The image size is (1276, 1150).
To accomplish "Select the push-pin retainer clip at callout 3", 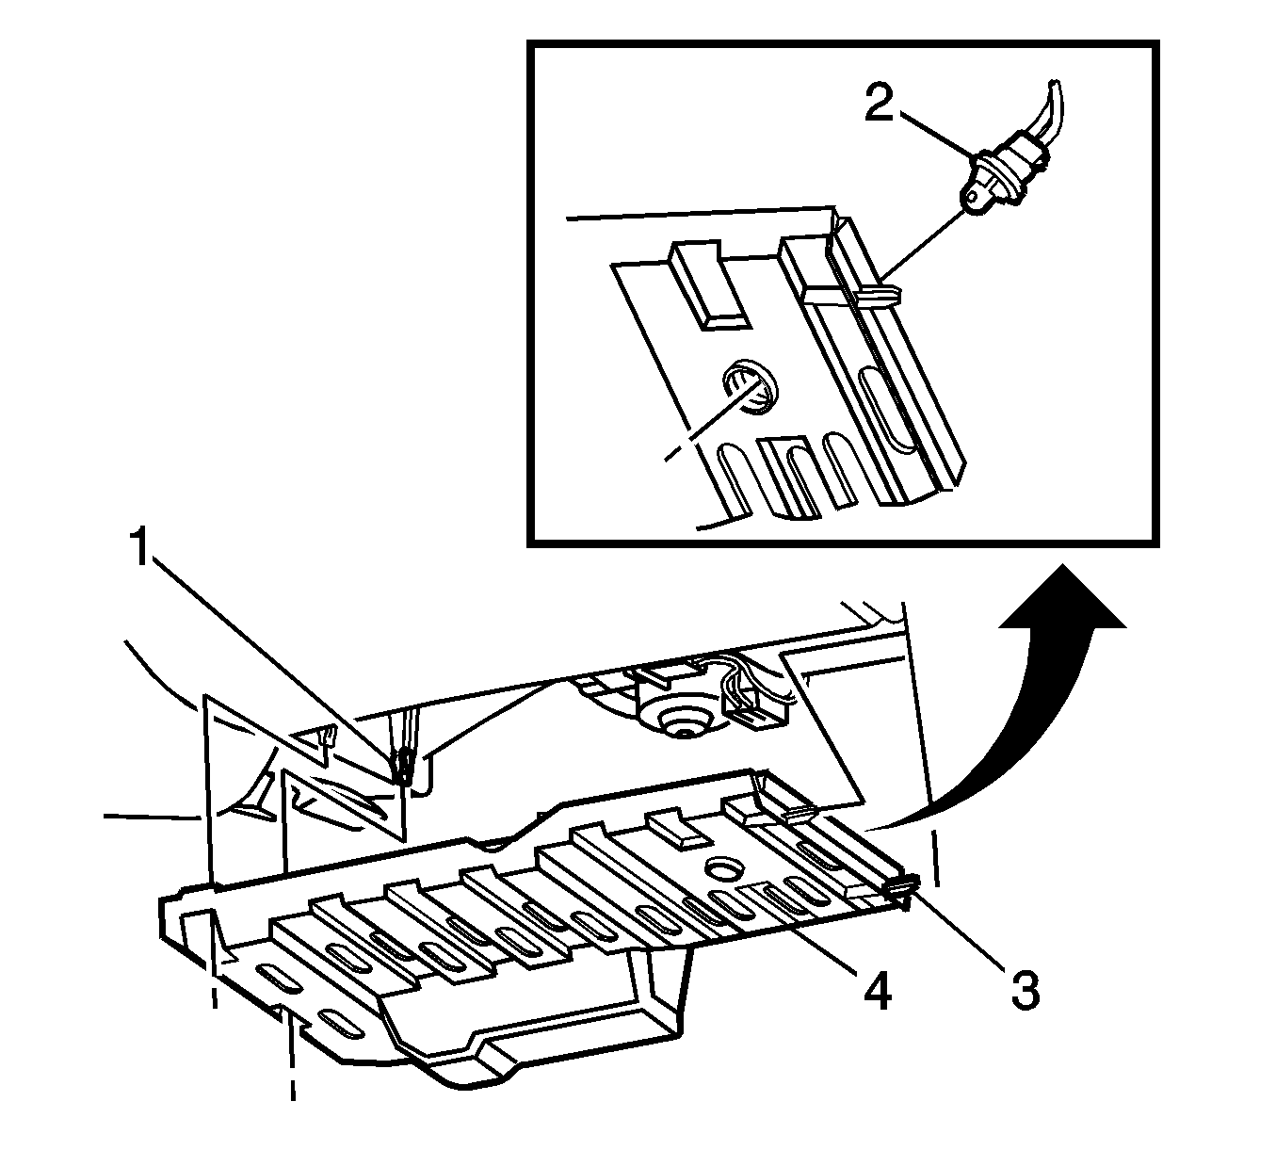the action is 898,885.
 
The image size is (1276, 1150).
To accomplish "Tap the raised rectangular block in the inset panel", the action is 708,284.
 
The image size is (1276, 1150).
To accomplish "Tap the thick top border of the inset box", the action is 843,43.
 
